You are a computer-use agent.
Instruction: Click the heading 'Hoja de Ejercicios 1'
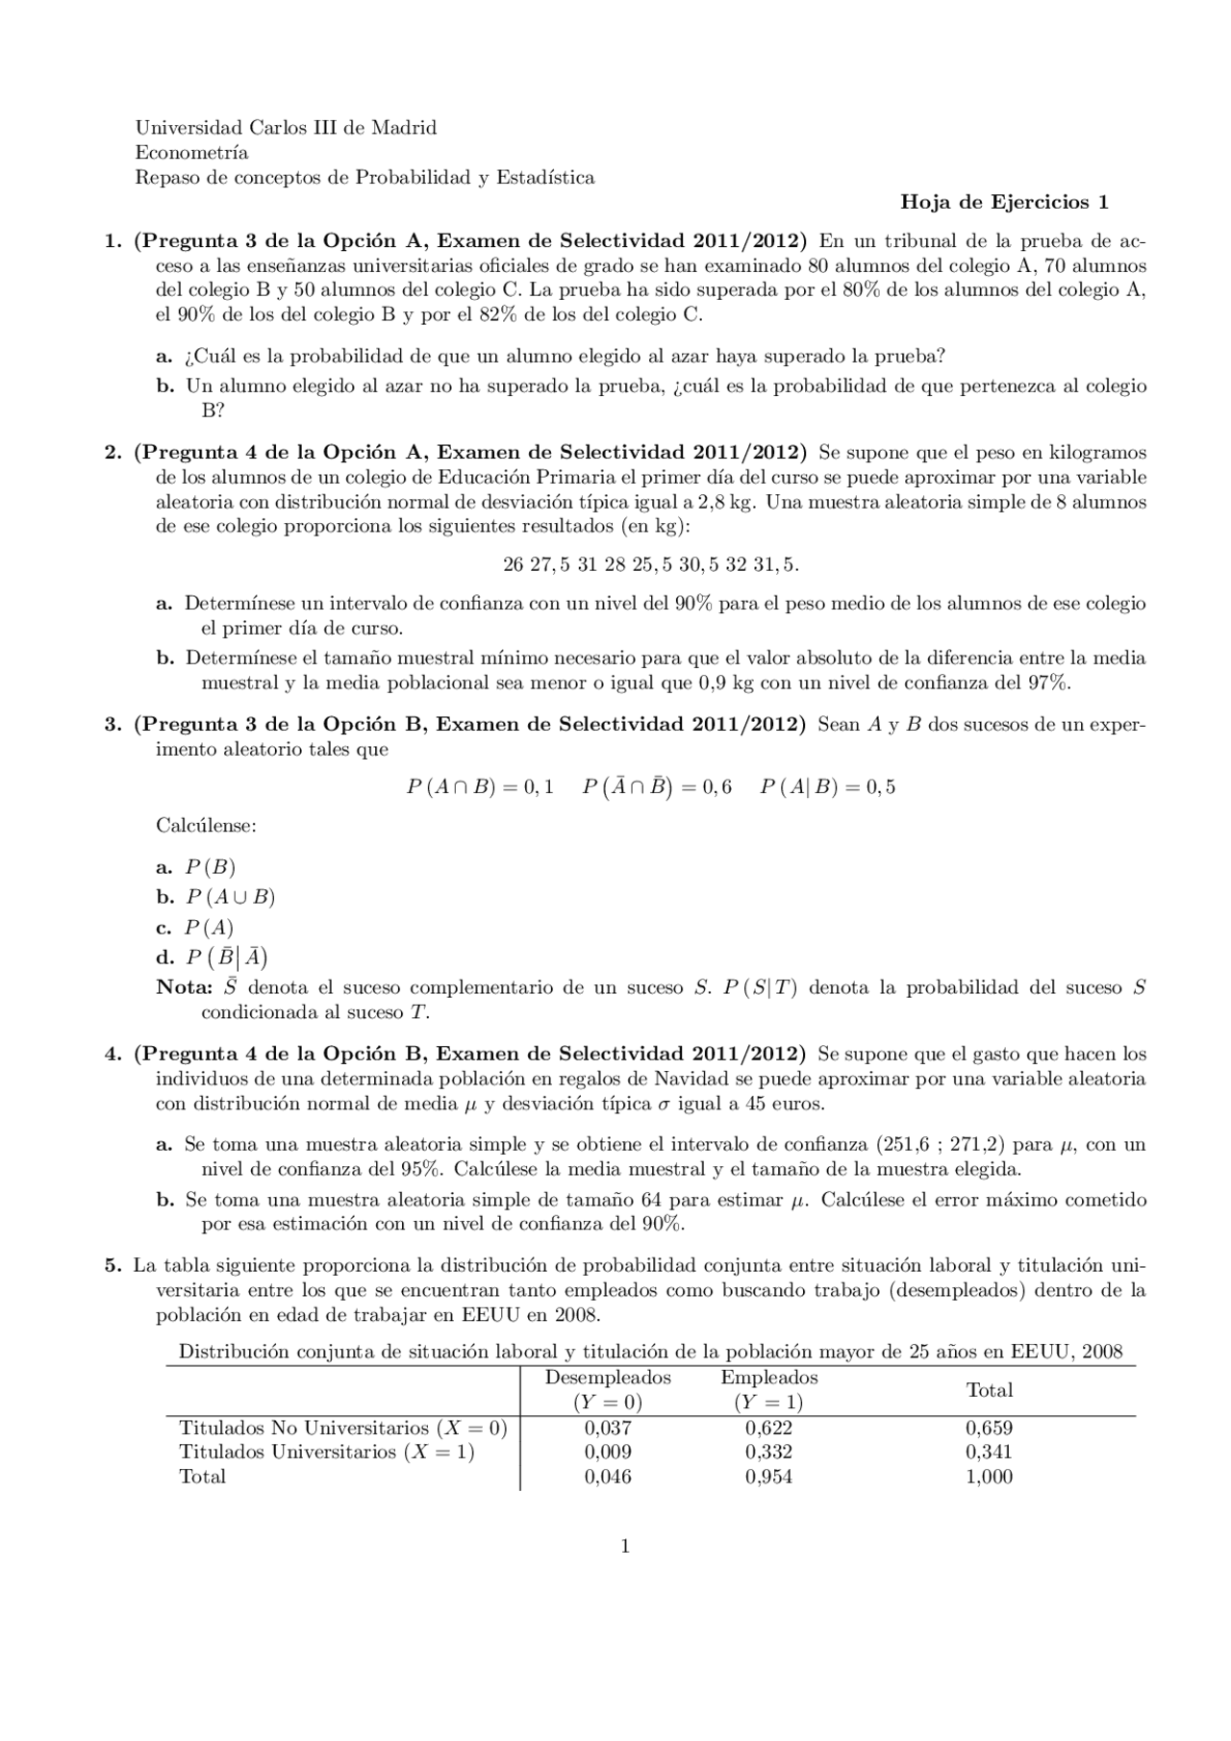coord(1004,203)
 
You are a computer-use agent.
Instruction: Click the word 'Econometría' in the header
coord(191,153)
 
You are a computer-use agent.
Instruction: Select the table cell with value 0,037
coord(608,1429)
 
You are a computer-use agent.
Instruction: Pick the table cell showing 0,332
coord(768,1453)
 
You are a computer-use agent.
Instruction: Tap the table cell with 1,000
coord(989,1478)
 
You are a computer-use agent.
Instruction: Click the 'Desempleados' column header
coord(608,1378)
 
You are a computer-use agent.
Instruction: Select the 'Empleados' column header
coord(768,1378)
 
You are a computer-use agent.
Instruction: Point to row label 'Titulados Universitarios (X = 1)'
coord(327,1453)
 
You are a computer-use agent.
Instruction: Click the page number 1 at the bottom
coord(626,1547)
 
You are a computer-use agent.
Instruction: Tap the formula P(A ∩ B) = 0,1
coord(480,787)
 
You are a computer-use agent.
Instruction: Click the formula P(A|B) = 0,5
coord(827,787)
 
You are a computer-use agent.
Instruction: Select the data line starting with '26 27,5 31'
coord(650,565)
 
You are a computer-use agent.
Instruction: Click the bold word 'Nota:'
coord(184,988)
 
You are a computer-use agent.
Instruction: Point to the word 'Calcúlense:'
coord(206,826)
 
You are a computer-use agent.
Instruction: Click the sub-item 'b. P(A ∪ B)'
coord(216,898)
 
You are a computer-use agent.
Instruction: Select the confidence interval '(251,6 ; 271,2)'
coord(940,1145)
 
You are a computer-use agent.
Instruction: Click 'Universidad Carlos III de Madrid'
coord(286,128)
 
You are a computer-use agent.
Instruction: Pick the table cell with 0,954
coord(768,1478)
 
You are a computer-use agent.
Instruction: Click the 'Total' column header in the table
coord(989,1390)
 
